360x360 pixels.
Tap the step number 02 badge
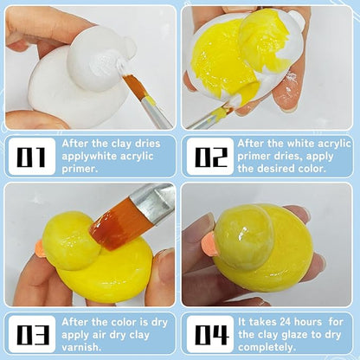click(209, 157)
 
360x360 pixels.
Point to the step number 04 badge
click(209, 333)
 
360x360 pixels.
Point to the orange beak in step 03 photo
click(38, 249)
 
